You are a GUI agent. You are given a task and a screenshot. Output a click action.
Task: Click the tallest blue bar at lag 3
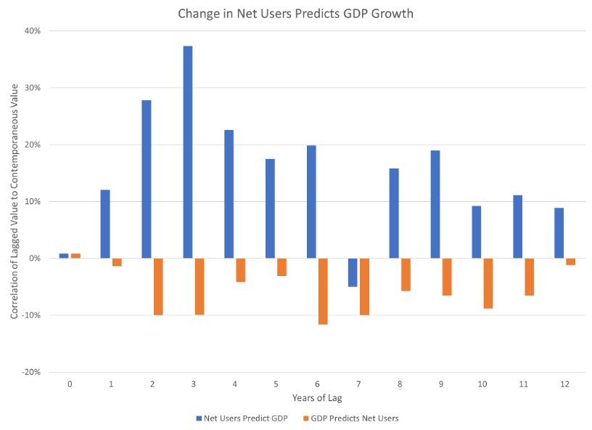pyautogui.click(x=188, y=152)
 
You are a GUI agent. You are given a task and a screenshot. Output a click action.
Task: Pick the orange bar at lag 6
pyautogui.click(x=323, y=291)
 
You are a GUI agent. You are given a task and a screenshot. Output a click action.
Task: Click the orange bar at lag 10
pyautogui.click(x=488, y=283)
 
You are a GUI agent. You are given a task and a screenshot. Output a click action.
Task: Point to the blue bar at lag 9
pyautogui.click(x=435, y=204)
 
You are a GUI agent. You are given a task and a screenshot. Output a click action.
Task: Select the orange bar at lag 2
pyautogui.click(x=158, y=286)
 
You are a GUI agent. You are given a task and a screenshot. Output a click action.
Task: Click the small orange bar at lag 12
pyautogui.click(x=571, y=261)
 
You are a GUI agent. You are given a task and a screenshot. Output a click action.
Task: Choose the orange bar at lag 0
pyautogui.click(x=75, y=256)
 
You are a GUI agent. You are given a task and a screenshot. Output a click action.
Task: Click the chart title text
pyautogui.click(x=296, y=13)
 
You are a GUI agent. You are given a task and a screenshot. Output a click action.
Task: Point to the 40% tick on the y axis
pyautogui.click(x=32, y=31)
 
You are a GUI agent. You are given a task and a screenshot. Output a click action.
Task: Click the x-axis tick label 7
pyautogui.click(x=358, y=384)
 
